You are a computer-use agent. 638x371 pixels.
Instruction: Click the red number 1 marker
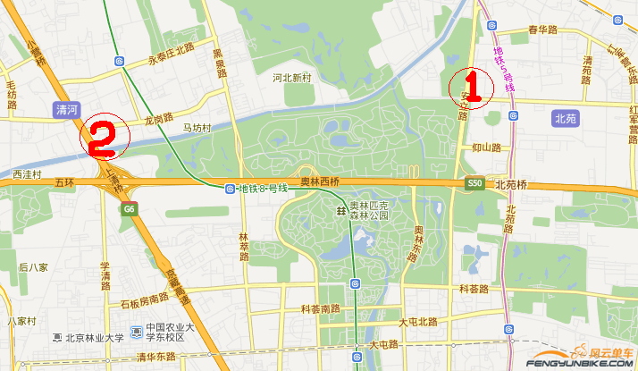tap(474, 87)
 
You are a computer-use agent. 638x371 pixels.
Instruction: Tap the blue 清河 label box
tap(67, 110)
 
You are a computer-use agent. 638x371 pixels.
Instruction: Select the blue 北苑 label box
tap(566, 117)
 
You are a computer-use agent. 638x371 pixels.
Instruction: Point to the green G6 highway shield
tap(130, 209)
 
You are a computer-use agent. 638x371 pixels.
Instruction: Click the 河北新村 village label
tap(291, 78)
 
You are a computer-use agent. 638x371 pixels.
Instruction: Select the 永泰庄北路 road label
tap(171, 62)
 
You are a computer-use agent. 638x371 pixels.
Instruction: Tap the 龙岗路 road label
tap(158, 116)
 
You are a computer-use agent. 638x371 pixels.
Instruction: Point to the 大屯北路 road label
tap(418, 321)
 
